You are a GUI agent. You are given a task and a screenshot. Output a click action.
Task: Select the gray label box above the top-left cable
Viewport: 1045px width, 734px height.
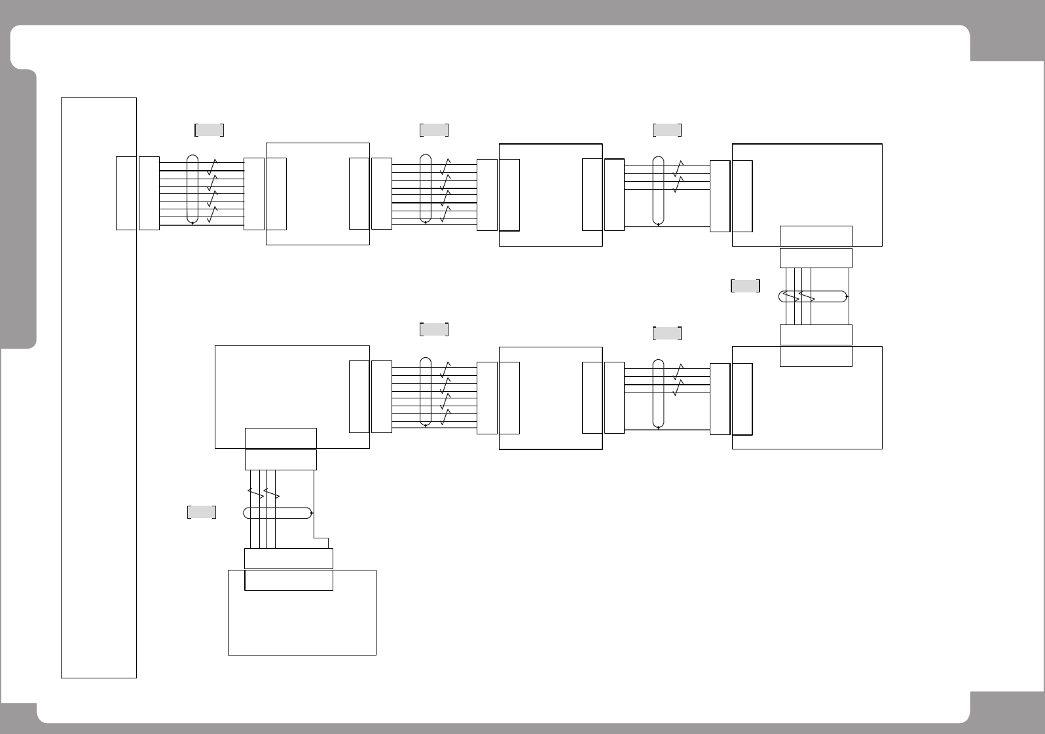coord(210,130)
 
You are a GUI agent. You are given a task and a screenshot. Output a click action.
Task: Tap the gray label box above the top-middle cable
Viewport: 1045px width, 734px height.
coord(434,130)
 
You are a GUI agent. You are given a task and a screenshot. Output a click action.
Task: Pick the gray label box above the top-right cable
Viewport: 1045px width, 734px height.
coord(667,130)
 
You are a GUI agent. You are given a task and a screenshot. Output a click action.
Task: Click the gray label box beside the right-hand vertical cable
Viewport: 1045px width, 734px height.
coord(745,286)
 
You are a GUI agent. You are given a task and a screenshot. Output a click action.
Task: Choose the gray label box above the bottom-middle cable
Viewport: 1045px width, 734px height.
coord(434,329)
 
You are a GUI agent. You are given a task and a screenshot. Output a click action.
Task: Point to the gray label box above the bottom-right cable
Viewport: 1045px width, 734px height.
coord(667,333)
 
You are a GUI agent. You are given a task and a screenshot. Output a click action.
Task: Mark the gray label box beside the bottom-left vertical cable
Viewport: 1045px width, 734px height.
coord(202,512)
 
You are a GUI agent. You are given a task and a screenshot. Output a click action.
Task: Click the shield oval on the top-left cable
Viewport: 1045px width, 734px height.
coord(192,189)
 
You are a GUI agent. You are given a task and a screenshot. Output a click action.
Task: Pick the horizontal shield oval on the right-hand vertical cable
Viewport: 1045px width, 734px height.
coord(813,296)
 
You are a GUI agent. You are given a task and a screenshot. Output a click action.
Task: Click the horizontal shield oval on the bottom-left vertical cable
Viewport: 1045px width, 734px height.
coord(278,513)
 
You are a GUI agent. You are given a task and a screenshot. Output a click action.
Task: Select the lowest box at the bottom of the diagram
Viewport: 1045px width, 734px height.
coord(302,621)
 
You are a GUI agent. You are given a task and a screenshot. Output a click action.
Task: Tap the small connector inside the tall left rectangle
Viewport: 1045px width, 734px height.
coord(126,193)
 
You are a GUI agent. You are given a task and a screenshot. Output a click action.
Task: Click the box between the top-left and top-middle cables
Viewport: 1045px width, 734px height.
coord(318,194)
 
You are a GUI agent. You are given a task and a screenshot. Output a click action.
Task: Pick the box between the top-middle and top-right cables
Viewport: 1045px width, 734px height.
coord(551,195)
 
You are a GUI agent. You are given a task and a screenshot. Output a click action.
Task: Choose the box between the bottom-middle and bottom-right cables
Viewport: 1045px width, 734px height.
coord(551,398)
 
